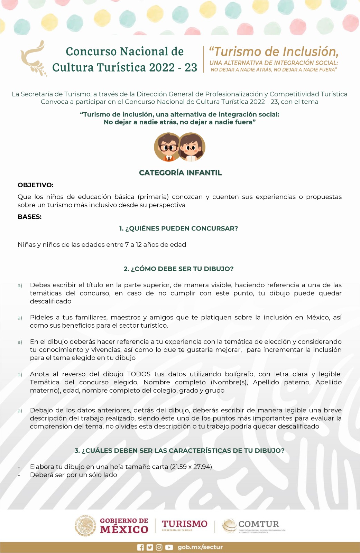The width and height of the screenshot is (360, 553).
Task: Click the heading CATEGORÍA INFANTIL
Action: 180,173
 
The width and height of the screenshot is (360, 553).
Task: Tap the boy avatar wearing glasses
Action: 168,148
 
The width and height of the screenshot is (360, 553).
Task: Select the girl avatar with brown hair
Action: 192,148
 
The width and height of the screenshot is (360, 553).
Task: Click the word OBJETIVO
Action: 35,185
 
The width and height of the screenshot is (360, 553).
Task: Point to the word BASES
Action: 29,217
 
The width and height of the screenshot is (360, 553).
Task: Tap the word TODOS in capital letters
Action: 139,374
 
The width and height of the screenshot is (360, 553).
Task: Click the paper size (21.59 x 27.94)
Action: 191,467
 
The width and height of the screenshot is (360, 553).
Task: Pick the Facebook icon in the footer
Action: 140,547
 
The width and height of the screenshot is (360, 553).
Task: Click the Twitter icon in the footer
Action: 150,547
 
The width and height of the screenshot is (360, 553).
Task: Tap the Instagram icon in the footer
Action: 159,547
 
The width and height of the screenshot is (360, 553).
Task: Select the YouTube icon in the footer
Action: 169,547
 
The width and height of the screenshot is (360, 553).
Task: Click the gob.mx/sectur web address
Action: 200,547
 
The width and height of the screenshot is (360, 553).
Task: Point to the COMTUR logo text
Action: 258,524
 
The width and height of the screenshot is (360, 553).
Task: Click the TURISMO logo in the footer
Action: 185,524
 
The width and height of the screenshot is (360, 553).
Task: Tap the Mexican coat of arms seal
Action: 85,526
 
